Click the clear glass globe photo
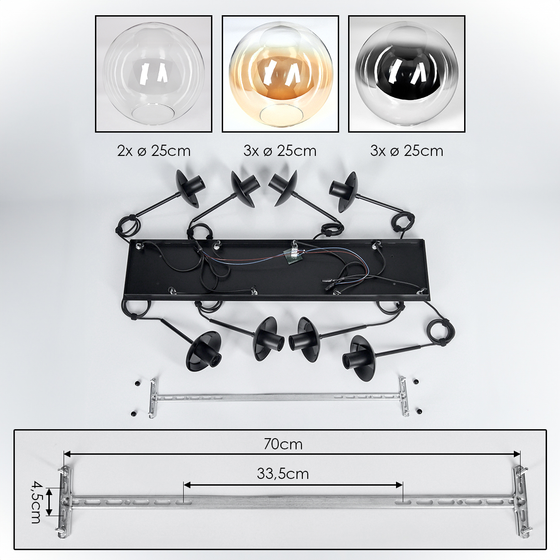[x=154, y=74]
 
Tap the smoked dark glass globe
[x=406, y=74]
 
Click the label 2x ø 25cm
[x=154, y=151]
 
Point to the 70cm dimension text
[x=283, y=444]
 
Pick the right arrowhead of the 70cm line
[x=517, y=454]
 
